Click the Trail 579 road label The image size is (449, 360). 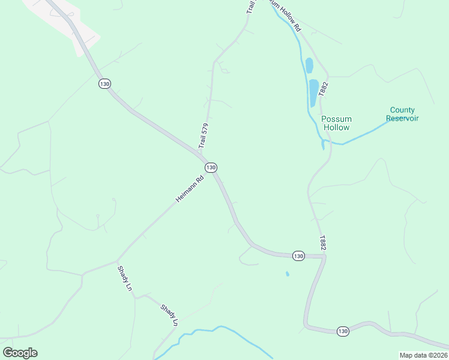click(x=204, y=136)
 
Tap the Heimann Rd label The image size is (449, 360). click(x=190, y=188)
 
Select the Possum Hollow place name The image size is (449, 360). click(x=336, y=123)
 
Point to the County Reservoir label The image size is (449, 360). click(x=402, y=114)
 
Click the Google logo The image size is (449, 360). click(x=20, y=353)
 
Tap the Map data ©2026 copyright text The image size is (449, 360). click(x=423, y=355)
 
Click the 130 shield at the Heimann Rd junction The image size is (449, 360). click(x=210, y=167)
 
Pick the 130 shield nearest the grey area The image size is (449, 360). click(x=105, y=84)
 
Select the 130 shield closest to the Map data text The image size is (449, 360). click(x=342, y=331)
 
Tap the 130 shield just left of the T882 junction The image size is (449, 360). click(x=298, y=256)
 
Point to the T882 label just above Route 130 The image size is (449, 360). click(x=323, y=242)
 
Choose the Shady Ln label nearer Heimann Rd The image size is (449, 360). click(x=125, y=278)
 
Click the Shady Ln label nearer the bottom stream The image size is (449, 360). click(x=170, y=315)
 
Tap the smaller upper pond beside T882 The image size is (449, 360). click(x=309, y=65)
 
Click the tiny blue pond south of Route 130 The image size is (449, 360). click(x=287, y=274)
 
